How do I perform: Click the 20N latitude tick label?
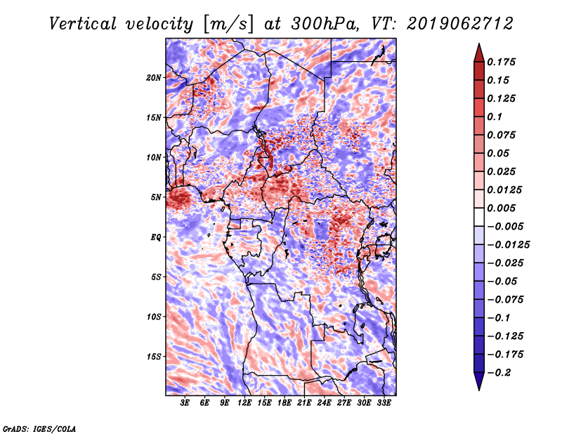click(x=154, y=78)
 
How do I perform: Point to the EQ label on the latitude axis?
click(x=156, y=237)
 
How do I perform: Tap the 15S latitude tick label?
click(x=154, y=357)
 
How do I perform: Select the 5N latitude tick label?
click(x=156, y=197)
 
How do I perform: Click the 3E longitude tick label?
click(x=185, y=403)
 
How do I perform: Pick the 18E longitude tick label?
click(x=285, y=403)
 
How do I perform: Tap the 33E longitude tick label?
click(x=384, y=403)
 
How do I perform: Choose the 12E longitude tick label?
click(x=244, y=403)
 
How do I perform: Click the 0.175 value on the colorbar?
click(x=501, y=63)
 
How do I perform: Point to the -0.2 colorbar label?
click(x=499, y=373)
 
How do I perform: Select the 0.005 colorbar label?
click(x=501, y=208)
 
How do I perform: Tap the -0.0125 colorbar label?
click(x=509, y=245)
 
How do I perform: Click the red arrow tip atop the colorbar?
click(x=479, y=44)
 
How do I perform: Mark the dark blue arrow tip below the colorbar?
click(x=479, y=389)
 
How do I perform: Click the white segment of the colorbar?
click(x=479, y=217)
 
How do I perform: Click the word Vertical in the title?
click(x=83, y=24)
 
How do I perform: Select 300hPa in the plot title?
click(x=325, y=24)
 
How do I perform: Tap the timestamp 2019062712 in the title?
click(x=460, y=24)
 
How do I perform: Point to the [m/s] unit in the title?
click(x=228, y=25)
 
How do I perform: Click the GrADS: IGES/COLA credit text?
click(x=39, y=429)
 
